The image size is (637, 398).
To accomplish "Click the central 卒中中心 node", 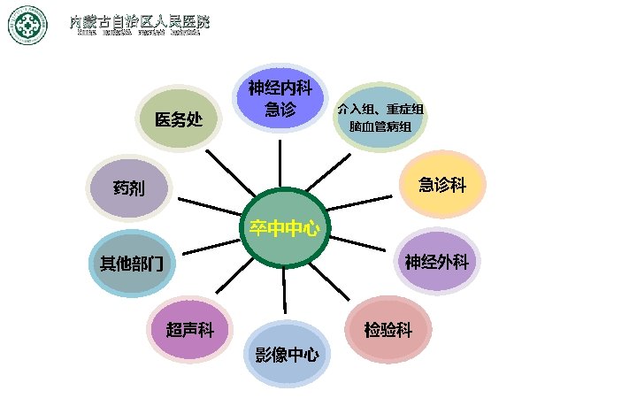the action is tap(284, 227).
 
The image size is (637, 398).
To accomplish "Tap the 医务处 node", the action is tap(180, 119).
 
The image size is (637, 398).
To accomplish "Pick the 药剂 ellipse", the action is tap(130, 188).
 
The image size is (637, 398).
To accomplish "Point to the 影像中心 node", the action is tap(286, 355).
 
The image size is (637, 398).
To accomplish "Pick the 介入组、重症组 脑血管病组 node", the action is tap(380, 118).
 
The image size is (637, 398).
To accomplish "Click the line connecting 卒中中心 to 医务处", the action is tap(227, 171).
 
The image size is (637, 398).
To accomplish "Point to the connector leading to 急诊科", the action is tap(361, 203).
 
